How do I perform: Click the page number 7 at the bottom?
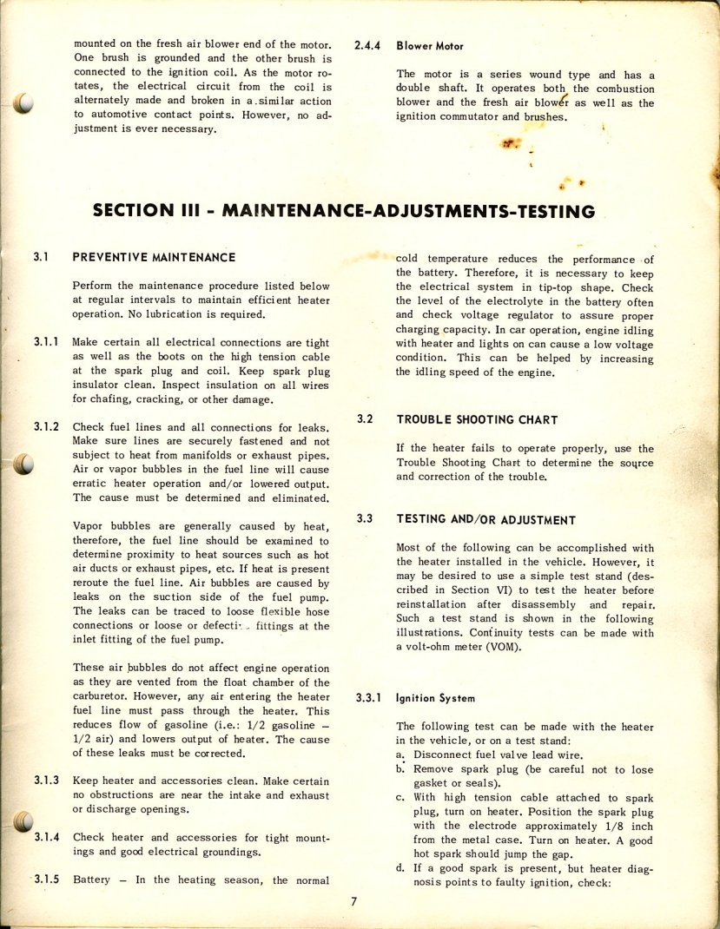pyautogui.click(x=353, y=901)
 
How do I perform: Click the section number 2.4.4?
pyautogui.click(x=369, y=46)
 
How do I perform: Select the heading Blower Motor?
pyautogui.click(x=430, y=46)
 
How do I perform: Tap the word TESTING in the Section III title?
pyautogui.click(x=544, y=211)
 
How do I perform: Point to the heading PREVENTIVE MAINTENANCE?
pyautogui.click(x=154, y=257)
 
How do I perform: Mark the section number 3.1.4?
pyautogui.click(x=46, y=837)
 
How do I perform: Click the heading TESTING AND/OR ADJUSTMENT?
pyautogui.click(x=486, y=519)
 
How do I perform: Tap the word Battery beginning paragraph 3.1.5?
pyautogui.click(x=91, y=880)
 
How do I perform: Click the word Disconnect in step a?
pyautogui.click(x=443, y=755)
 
